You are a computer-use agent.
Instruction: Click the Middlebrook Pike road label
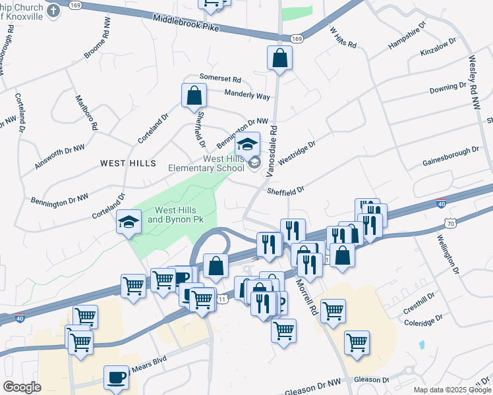pos(186,24)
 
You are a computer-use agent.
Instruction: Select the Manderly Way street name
pos(247,95)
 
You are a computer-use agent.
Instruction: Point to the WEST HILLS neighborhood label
pos(128,163)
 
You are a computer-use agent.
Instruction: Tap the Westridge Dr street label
pos(297,151)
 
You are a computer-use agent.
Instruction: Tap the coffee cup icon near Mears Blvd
pos(117,377)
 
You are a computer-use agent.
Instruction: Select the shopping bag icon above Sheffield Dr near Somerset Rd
pos(194,95)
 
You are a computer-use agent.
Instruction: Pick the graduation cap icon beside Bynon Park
pos(129,223)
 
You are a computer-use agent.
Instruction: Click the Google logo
pos(22,386)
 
